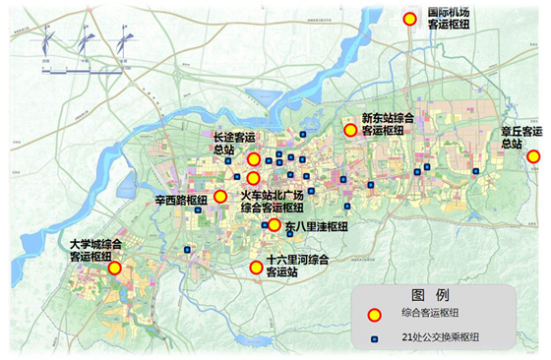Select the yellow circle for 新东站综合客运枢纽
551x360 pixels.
click(349, 130)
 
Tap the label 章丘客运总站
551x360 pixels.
click(520, 137)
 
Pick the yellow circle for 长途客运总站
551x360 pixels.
click(253, 159)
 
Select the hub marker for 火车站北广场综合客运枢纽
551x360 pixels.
click(253, 178)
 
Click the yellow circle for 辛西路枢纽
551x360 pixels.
click(220, 196)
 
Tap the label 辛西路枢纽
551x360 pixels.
click(181, 201)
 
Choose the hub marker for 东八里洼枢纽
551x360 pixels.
click(274, 225)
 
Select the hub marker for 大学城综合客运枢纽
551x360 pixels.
click(114, 268)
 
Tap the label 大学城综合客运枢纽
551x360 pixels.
click(96, 250)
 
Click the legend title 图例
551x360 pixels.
click(430, 295)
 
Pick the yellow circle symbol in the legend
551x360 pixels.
click(374, 315)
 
